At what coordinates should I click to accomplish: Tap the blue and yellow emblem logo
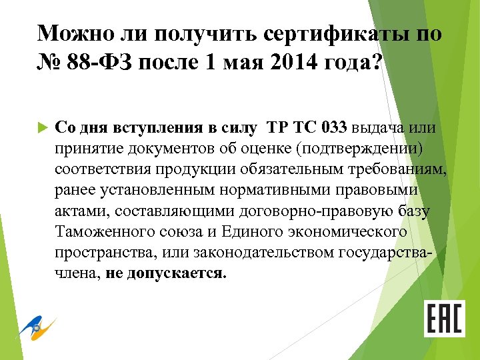tap(36, 327)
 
